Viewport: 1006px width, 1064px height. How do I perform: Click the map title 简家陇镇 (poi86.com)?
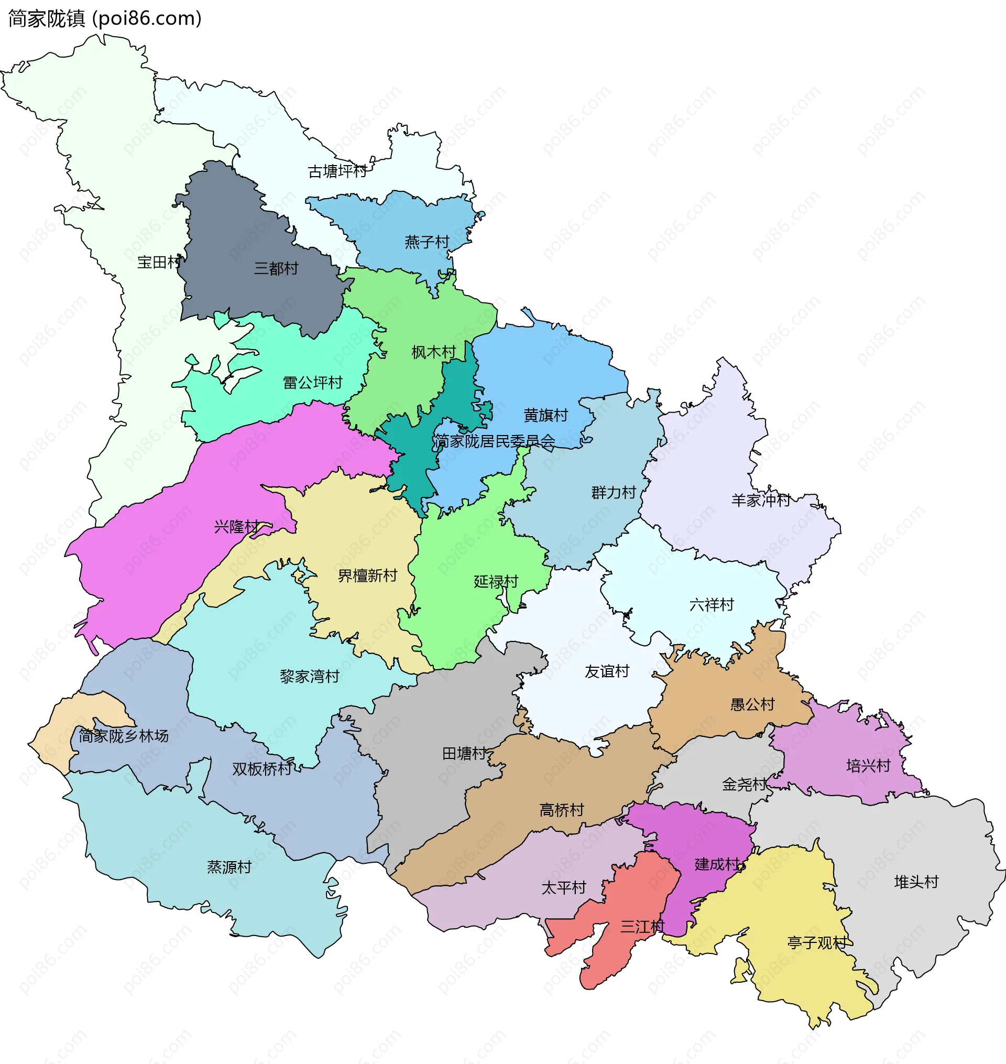point(105,19)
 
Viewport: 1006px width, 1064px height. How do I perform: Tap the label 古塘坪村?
point(337,171)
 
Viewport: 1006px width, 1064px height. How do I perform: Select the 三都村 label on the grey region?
point(276,268)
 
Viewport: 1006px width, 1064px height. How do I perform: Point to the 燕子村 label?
point(427,242)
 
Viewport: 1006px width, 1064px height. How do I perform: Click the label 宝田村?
point(159,262)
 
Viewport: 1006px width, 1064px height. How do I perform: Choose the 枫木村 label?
point(433,352)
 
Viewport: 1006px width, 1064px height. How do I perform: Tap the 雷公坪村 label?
point(312,383)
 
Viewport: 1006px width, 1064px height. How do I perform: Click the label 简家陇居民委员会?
point(495,441)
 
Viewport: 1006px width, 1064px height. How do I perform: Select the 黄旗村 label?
point(545,416)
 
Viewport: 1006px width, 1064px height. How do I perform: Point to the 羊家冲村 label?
point(760,501)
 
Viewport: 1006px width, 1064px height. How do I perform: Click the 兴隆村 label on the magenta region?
point(236,527)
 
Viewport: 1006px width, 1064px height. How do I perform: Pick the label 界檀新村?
point(367,576)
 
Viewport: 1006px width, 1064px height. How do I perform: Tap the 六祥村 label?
point(711,605)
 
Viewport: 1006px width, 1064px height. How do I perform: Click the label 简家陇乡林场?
point(124,736)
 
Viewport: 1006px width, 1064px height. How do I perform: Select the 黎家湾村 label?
point(310,676)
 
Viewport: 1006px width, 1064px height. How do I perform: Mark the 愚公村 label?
point(752,704)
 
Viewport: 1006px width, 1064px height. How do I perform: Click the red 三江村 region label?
point(642,926)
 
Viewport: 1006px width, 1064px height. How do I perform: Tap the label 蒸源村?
point(229,867)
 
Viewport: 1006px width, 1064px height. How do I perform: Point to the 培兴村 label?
point(868,766)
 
